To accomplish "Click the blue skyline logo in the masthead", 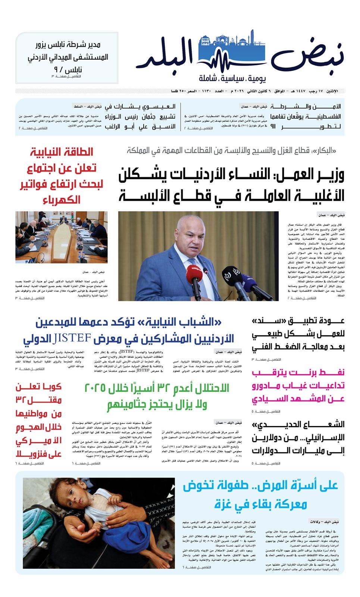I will click(231, 52).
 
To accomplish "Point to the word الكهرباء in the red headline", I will click(62, 200).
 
